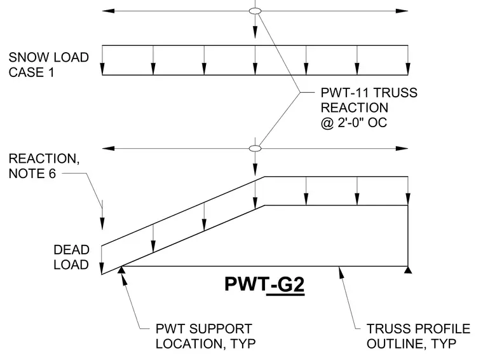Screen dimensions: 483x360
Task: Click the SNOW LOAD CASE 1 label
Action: (x=49, y=65)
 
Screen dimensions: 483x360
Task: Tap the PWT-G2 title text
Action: (x=264, y=284)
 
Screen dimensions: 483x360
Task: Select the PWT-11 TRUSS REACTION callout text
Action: (x=369, y=107)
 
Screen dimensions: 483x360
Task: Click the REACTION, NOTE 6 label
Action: (x=44, y=166)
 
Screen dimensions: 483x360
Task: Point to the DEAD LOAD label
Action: (x=71, y=257)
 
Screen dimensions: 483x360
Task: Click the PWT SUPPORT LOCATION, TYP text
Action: (x=205, y=336)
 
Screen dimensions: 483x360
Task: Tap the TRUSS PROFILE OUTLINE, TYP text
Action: (x=418, y=336)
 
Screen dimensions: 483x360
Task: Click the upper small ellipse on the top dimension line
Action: (x=255, y=11)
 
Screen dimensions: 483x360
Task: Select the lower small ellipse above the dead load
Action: (x=255, y=149)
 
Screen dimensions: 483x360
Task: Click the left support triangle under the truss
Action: (x=121, y=270)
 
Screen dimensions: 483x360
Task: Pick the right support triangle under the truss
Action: (x=408, y=270)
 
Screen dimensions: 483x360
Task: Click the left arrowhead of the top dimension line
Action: (x=108, y=11)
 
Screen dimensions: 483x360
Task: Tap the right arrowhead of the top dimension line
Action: (x=402, y=11)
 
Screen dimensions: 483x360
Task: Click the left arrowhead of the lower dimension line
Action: (x=108, y=149)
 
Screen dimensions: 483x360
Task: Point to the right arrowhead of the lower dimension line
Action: (x=402, y=149)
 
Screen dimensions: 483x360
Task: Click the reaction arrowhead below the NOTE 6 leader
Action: (x=102, y=223)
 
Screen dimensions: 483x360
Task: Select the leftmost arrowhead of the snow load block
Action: (x=102, y=69)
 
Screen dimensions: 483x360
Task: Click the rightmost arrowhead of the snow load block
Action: (x=408, y=69)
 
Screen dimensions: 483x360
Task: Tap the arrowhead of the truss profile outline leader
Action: (x=341, y=272)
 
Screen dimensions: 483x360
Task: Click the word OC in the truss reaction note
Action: (x=378, y=123)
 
